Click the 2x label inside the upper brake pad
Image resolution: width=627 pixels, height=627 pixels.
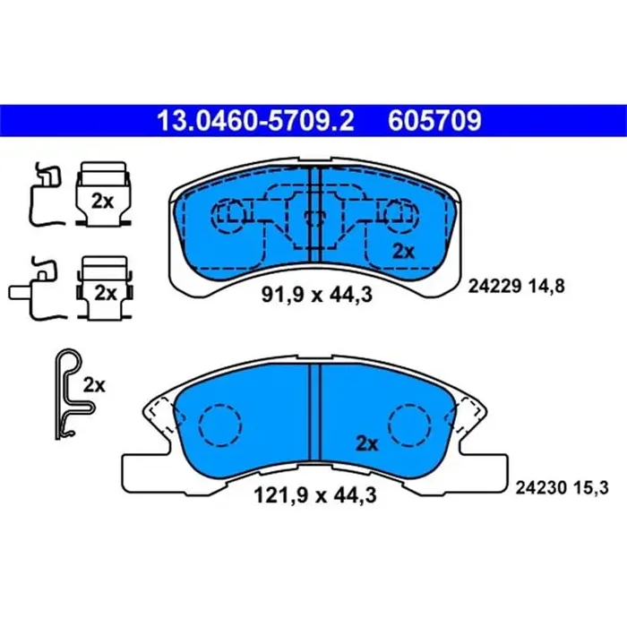pyautogui.click(x=404, y=252)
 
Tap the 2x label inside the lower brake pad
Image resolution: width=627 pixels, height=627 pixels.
pyautogui.click(x=367, y=442)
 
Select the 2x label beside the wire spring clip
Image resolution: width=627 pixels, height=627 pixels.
pyautogui.click(x=94, y=386)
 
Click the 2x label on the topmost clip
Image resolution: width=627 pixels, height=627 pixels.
pyautogui.click(x=102, y=202)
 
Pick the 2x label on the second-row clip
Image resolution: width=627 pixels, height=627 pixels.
pyautogui.click(x=106, y=292)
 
